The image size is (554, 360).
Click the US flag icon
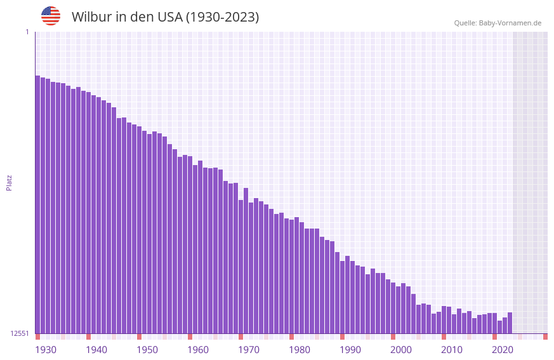51,16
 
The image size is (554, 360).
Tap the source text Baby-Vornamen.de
510,23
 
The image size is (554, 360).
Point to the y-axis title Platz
9,182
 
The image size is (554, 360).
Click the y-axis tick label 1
27,32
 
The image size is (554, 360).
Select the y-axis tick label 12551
20,333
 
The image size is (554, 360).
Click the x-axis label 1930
46,350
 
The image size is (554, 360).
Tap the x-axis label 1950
147,350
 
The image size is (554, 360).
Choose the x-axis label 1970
249,350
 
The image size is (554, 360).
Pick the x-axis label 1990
350,350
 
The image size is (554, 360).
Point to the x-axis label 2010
452,350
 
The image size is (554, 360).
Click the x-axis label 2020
503,350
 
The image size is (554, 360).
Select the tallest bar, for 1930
37,203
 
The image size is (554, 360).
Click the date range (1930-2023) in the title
221,17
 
